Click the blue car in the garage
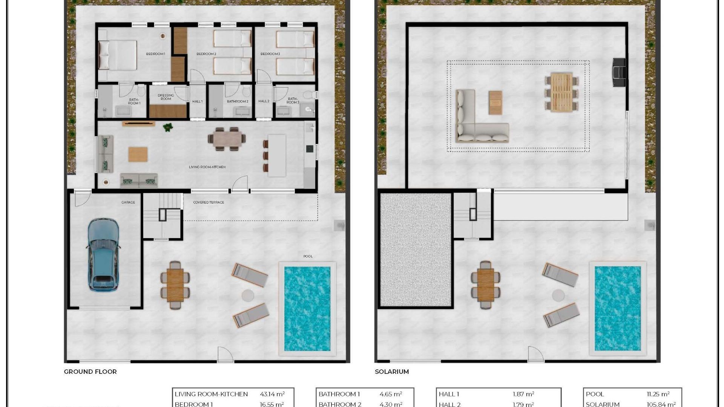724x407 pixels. click(x=103, y=255)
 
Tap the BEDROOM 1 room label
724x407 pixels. click(x=155, y=54)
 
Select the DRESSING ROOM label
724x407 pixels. click(x=166, y=97)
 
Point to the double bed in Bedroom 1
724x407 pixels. click(x=118, y=55)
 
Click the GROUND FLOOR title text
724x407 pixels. click(x=90, y=372)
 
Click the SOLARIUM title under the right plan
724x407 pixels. click(x=391, y=372)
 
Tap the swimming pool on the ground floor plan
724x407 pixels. click(x=307, y=309)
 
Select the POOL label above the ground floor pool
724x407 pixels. click(x=308, y=256)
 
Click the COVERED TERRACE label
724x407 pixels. click(x=209, y=202)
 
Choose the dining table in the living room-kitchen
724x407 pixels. click(x=227, y=139)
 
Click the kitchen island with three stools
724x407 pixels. click(x=276, y=156)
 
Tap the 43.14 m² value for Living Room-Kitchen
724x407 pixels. click(x=272, y=394)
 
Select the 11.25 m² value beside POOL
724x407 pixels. click(x=658, y=394)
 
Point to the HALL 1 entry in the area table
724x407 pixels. click(x=449, y=394)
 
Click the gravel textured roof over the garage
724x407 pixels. click(x=416, y=249)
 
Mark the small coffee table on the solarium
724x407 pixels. click(x=495, y=103)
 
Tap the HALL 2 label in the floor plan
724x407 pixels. click(x=264, y=101)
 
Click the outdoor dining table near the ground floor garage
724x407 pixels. click(x=175, y=285)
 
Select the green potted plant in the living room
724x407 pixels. click(x=168, y=127)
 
